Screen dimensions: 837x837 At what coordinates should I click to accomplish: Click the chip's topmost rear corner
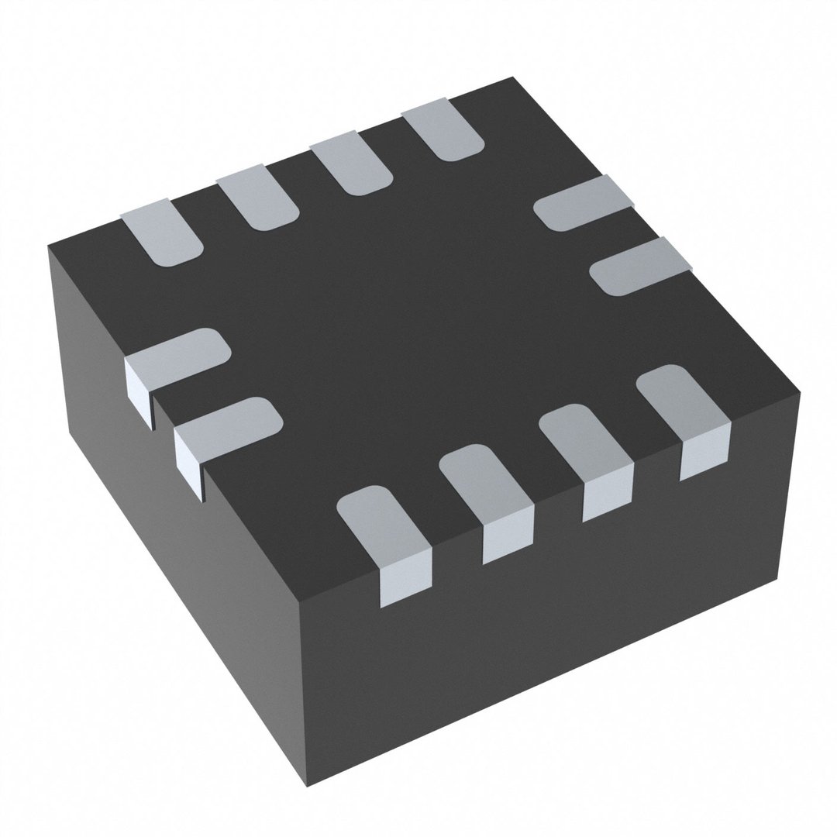pyautogui.click(x=511, y=78)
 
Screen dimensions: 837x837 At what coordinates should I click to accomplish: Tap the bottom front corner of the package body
pyautogui.click(x=308, y=784)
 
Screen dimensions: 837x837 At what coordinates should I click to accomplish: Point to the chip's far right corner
pyautogui.click(x=798, y=392)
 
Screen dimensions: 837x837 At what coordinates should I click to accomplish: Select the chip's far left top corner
pyautogui.click(x=49, y=246)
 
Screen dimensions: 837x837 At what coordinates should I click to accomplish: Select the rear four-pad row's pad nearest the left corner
pyautogui.click(x=164, y=232)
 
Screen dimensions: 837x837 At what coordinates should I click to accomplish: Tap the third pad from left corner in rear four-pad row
pyautogui.click(x=350, y=166)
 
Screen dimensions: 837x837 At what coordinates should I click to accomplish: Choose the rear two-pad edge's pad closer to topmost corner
pyautogui.click(x=583, y=203)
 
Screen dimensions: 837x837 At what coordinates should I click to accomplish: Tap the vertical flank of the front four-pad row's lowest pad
pyautogui.click(x=405, y=576)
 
